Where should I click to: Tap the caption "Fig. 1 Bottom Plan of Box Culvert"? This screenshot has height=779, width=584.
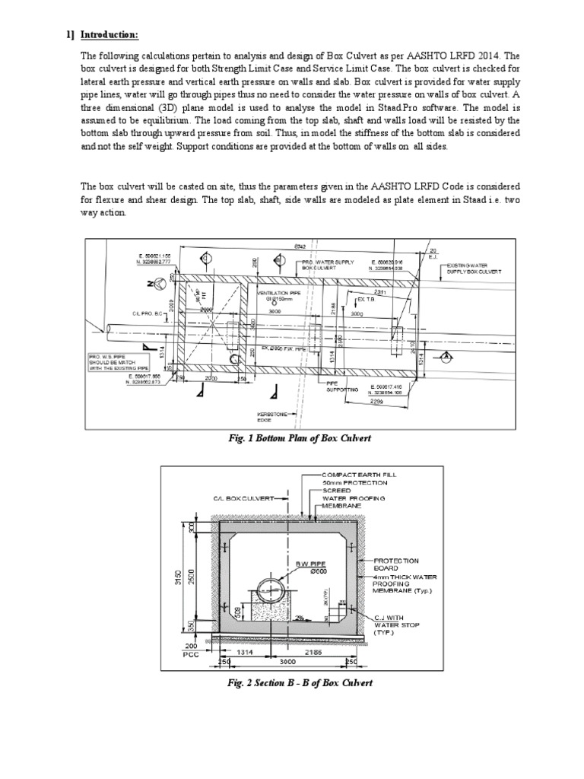[291, 440]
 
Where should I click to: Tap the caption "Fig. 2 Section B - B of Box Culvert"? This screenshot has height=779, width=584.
[291, 682]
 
